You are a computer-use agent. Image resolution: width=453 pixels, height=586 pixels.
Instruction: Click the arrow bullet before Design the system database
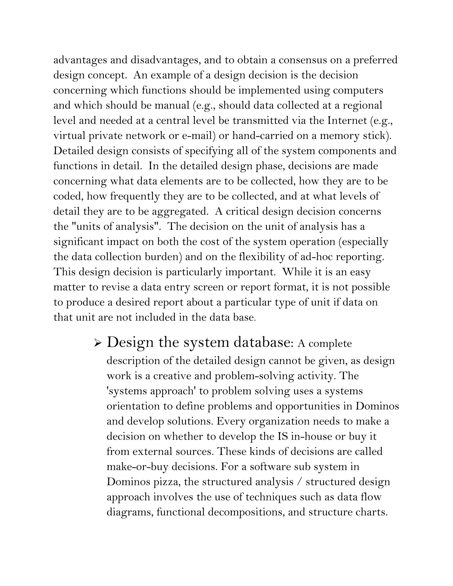[x=98, y=343]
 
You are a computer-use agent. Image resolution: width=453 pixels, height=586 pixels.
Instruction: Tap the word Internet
[x=347, y=121]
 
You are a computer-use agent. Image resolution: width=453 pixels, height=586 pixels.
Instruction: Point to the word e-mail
[x=197, y=136]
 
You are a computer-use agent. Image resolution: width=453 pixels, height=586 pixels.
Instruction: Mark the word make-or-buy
[x=137, y=467]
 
